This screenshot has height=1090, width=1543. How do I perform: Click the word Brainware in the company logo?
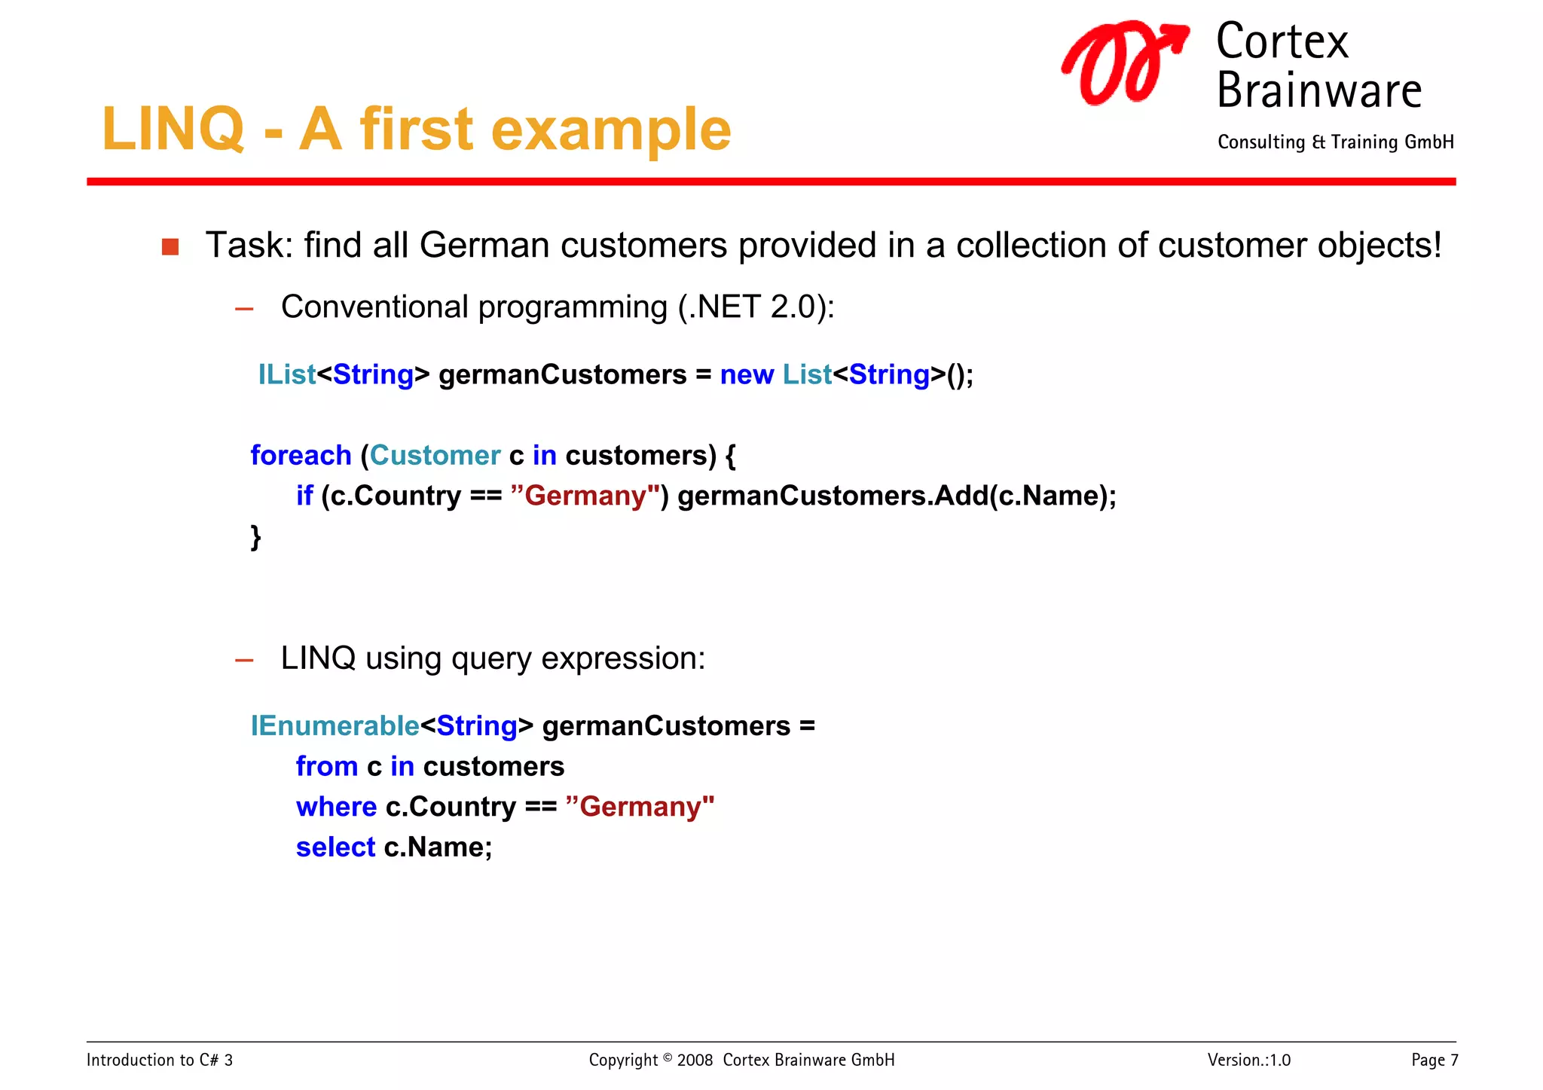click(1318, 91)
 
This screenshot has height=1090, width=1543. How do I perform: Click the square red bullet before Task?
click(170, 247)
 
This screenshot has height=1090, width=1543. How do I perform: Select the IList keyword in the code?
click(286, 374)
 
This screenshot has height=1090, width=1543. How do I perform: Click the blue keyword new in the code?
click(746, 374)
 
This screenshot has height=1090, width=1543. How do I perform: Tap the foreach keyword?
click(301, 455)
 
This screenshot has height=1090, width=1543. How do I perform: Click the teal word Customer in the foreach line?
click(435, 455)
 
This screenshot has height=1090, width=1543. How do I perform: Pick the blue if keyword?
click(304, 496)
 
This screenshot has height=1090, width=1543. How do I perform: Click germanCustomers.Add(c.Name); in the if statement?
click(897, 496)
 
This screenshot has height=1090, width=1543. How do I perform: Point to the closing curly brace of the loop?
click(255, 536)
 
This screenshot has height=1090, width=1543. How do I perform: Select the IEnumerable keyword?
click(335, 725)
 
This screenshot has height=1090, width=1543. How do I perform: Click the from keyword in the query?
click(326, 766)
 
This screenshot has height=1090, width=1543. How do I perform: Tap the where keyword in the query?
click(336, 807)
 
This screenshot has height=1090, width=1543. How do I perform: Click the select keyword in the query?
click(335, 847)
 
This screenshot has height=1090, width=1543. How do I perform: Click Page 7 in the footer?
click(1434, 1060)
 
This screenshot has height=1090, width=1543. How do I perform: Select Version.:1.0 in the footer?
click(1248, 1060)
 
